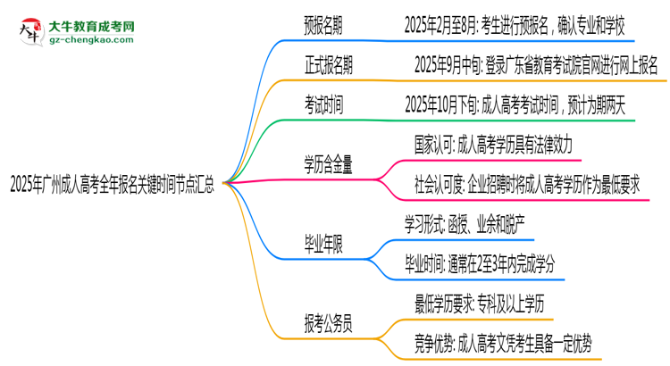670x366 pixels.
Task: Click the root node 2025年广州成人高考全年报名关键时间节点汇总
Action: click(112, 184)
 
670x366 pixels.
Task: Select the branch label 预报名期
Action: click(323, 27)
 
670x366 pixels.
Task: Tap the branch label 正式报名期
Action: click(331, 65)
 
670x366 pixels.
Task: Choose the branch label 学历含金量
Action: click(329, 164)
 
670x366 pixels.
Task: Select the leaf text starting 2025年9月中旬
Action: click(535, 65)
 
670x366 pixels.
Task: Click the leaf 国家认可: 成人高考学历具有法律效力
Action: click(498, 143)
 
